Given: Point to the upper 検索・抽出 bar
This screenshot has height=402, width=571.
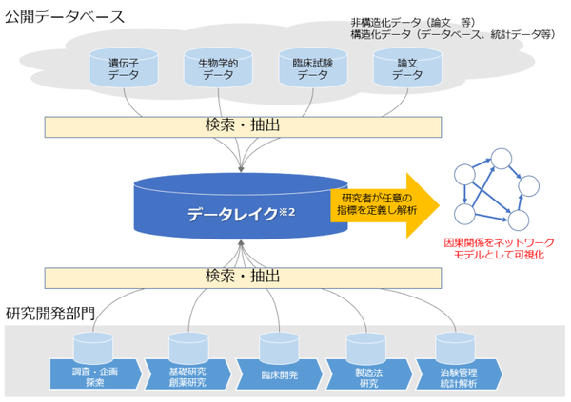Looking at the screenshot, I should [x=243, y=125].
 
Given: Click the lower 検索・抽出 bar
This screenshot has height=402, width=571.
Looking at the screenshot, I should [x=243, y=277].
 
